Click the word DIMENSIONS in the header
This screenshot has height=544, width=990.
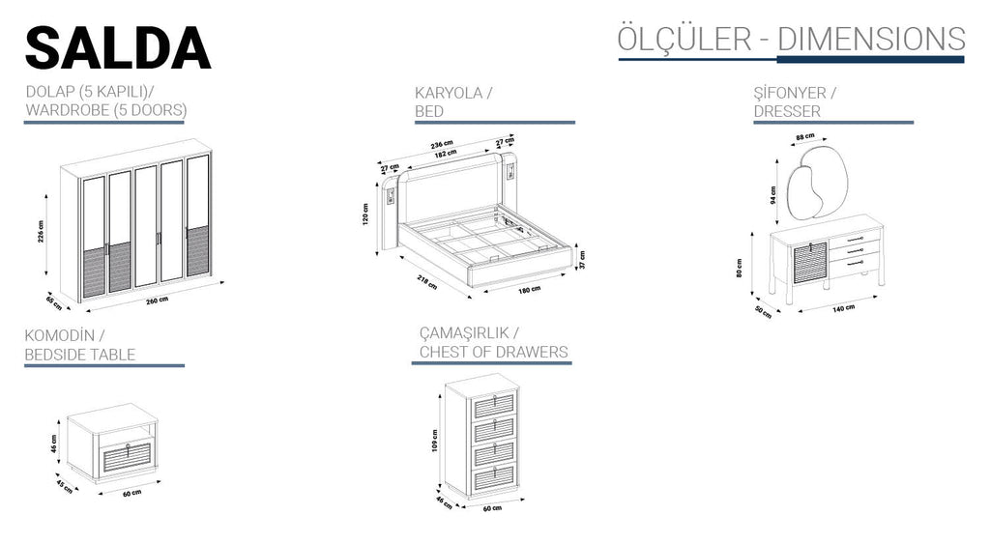point(871,39)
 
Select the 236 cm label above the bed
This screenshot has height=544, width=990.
point(442,145)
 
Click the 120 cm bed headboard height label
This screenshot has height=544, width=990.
point(366,214)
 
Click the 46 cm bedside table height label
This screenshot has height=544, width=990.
point(54,444)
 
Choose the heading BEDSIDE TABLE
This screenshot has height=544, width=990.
point(80,354)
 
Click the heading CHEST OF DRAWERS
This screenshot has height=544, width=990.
point(493,352)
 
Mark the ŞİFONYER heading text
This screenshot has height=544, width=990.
point(789,94)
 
